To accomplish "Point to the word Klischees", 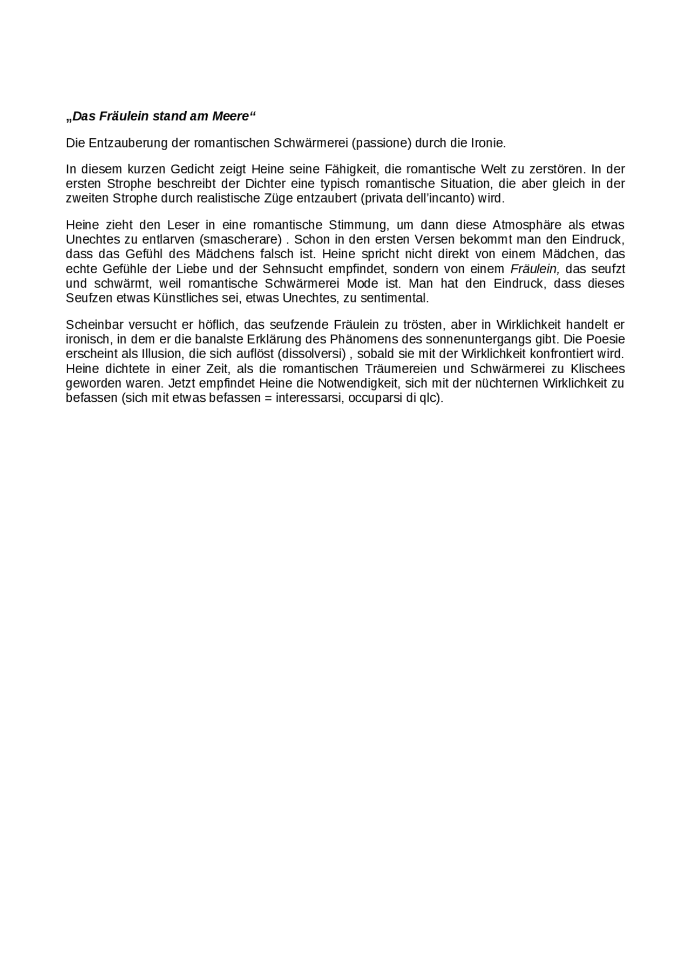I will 598,369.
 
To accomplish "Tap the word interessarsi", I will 309,399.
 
